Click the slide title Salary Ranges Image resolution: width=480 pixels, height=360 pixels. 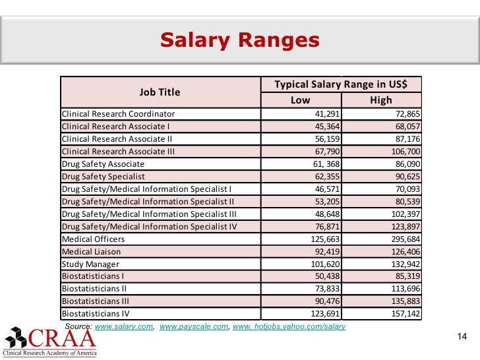click(239, 41)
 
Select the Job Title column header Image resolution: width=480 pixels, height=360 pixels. click(159, 92)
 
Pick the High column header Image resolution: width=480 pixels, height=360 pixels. click(380, 100)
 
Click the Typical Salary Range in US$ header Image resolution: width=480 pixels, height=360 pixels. click(340, 84)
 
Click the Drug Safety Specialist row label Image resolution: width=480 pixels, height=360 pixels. click(103, 176)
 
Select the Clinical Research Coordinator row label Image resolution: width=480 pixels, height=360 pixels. click(118, 113)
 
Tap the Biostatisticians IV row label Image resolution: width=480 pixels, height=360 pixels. click(95, 314)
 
